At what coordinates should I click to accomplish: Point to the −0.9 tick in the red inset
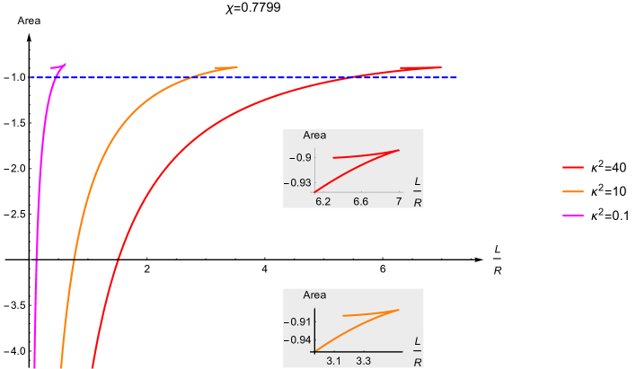tap(301, 158)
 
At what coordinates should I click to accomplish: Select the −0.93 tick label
tap(298, 183)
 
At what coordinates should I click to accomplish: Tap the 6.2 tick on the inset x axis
tap(323, 202)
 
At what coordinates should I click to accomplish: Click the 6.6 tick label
tap(360, 202)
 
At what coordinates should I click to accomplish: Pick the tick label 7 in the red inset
tap(398, 202)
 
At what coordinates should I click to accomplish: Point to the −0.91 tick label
tap(298, 321)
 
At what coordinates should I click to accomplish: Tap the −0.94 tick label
tap(298, 340)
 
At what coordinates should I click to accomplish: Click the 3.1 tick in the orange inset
tap(333, 361)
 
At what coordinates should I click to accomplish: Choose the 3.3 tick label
tap(364, 361)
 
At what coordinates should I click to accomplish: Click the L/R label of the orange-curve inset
tap(418, 351)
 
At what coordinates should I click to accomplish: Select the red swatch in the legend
tap(572, 167)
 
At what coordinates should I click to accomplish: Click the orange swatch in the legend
tap(572, 191)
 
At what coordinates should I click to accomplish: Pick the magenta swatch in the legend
tap(572, 216)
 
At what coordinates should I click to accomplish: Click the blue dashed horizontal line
tap(269, 77)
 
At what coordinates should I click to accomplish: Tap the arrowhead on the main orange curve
tap(221, 68)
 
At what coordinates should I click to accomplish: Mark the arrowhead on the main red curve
tap(408, 68)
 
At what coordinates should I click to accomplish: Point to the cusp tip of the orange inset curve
tap(399, 310)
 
